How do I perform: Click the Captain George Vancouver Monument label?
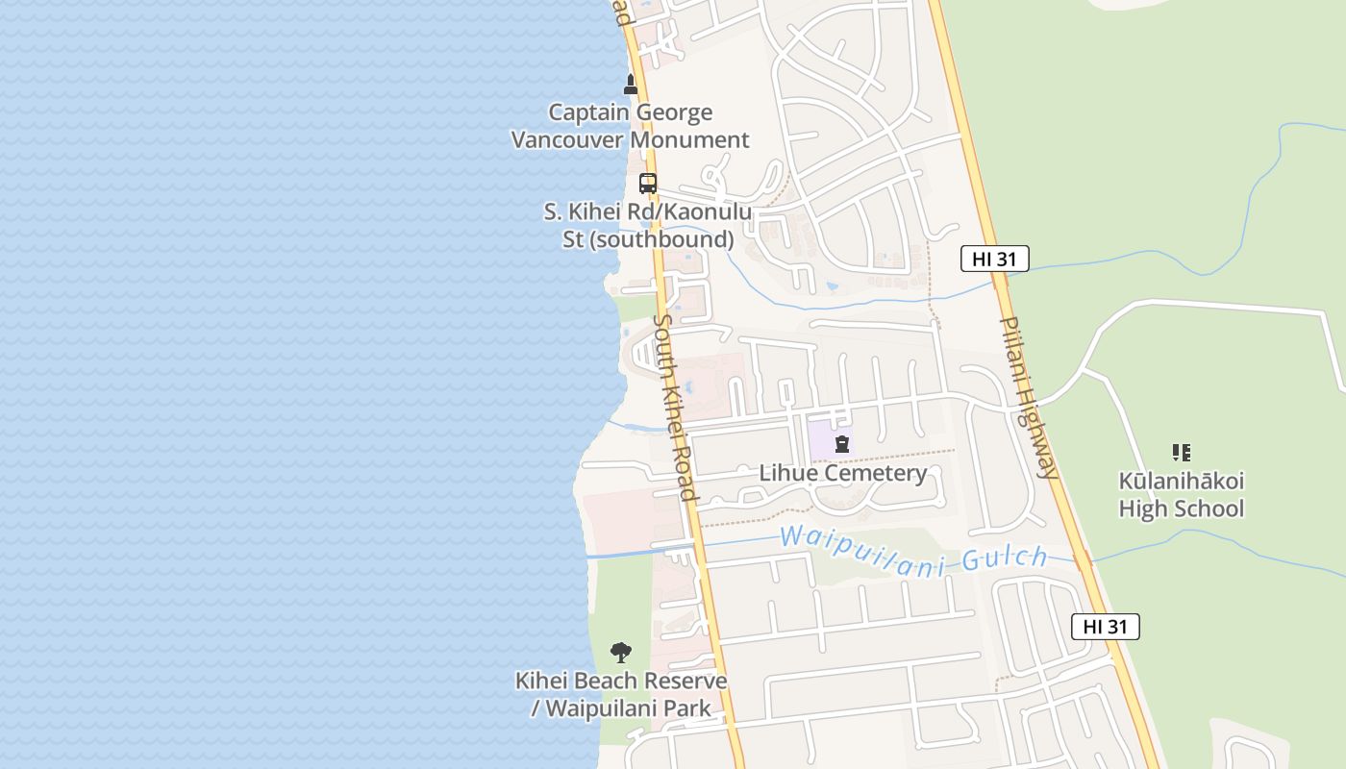pyautogui.click(x=630, y=126)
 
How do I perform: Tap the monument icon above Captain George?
pyautogui.click(x=631, y=85)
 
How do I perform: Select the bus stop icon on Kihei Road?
pyautogui.click(x=648, y=183)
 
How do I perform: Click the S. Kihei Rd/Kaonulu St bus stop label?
pyautogui.click(x=648, y=225)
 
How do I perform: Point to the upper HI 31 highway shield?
pyautogui.click(x=994, y=258)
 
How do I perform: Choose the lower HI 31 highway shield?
pyautogui.click(x=1105, y=627)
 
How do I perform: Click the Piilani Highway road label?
pyautogui.click(x=1029, y=397)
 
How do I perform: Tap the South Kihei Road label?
pyautogui.click(x=674, y=407)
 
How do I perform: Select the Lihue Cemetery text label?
pyautogui.click(x=843, y=473)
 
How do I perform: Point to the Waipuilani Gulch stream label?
pyautogui.click(x=913, y=550)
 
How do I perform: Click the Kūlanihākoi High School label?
pyautogui.click(x=1181, y=494)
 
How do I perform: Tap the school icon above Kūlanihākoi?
pyautogui.click(x=1181, y=452)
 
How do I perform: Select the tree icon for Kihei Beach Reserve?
pyautogui.click(x=621, y=653)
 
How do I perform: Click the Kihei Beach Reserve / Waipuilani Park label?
pyautogui.click(x=621, y=695)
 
